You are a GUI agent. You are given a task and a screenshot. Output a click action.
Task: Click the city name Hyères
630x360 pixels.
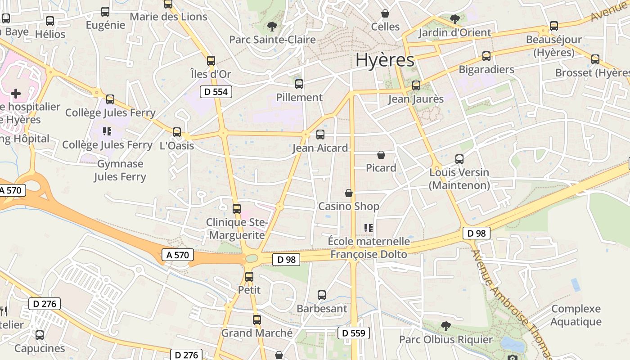coord(385,60)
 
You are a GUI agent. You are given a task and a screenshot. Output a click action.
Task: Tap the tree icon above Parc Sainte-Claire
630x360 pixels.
coord(272,26)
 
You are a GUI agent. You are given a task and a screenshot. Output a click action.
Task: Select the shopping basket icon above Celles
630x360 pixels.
coord(385,13)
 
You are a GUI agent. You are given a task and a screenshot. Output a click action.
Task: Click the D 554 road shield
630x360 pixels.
coord(216,92)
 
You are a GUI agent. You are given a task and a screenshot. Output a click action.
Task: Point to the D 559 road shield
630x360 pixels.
coord(354,333)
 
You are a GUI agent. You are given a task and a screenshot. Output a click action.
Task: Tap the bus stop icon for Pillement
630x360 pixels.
coord(299,84)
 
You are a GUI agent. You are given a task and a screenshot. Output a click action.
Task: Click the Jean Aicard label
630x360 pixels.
coord(320,148)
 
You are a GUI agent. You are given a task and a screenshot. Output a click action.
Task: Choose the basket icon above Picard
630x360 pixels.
coord(381,155)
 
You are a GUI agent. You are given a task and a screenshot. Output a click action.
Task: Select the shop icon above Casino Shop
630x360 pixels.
coord(349,193)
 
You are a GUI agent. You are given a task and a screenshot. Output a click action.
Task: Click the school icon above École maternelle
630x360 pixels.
coord(369,228)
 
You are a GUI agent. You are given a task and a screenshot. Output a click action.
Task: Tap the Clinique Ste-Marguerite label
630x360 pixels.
coord(237,229)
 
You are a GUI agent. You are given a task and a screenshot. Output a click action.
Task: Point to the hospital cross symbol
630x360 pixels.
coord(16,94)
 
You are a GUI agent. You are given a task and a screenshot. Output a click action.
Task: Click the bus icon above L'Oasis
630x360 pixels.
coord(177,132)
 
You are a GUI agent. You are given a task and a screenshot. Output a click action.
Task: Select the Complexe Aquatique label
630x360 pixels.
coord(576,315)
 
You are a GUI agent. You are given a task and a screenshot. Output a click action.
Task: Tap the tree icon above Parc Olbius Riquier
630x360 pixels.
coord(445,326)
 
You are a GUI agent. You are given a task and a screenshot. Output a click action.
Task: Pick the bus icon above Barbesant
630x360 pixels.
coord(322,295)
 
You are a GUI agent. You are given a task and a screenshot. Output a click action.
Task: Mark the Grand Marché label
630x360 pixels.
coord(256,333)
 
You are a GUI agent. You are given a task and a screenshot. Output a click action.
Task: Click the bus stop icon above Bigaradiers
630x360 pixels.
coord(486,56)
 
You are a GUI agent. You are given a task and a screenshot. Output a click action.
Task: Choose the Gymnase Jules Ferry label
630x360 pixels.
coord(120,170)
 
